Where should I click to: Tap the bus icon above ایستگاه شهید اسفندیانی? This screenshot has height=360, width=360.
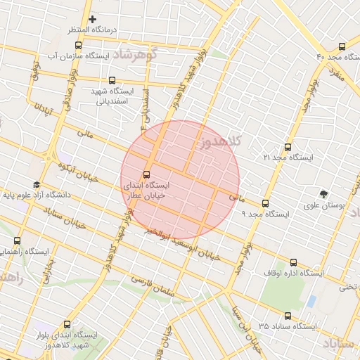(x=112, y=80)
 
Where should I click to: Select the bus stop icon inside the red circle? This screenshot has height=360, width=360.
(x=146, y=174)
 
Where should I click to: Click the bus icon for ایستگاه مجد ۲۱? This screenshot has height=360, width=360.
(x=287, y=147)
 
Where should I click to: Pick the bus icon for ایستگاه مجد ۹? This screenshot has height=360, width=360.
(x=264, y=203)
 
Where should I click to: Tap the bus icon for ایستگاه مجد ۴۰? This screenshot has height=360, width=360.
(x=341, y=45)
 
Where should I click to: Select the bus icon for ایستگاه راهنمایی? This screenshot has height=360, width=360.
(x=17, y=240)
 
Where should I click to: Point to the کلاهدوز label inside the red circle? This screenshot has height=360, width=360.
(x=220, y=142)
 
